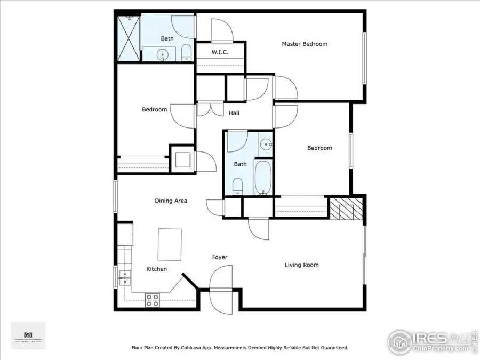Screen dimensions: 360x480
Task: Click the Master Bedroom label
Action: (305, 44)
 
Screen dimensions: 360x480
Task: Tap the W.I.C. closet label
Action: (220, 52)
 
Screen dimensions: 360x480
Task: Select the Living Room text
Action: (302, 265)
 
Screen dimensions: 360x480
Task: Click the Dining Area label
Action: (171, 201)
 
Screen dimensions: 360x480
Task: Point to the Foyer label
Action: (220, 257)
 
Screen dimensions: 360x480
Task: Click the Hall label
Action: (234, 113)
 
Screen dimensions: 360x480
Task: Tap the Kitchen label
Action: (157, 269)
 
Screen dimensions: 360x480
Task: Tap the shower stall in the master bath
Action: (129, 38)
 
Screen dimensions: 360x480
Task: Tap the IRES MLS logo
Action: (432, 340)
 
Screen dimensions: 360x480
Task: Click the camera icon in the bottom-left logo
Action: (28, 330)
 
